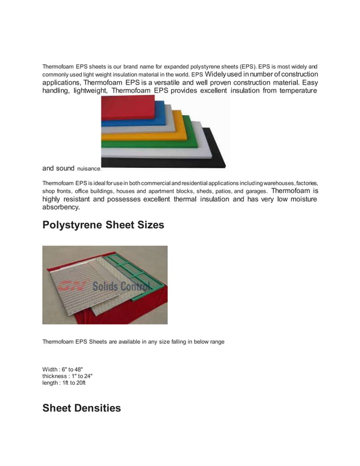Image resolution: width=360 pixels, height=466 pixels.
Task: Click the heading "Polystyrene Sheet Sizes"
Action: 103,225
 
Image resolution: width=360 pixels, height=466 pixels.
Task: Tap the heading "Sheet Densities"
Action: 81,408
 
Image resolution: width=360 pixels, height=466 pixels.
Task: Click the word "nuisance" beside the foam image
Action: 89,169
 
